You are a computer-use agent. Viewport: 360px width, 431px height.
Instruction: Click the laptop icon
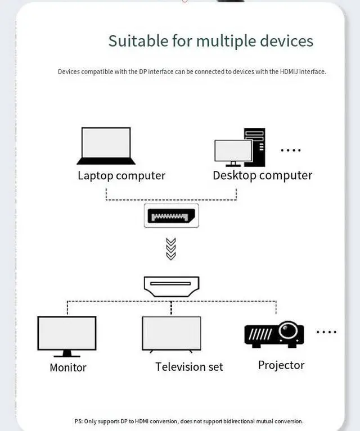(x=106, y=146)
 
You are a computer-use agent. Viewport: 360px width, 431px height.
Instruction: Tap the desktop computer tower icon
(x=254, y=147)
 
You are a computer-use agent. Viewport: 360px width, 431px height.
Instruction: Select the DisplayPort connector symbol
(x=170, y=216)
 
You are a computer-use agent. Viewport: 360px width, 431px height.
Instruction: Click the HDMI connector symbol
(x=171, y=285)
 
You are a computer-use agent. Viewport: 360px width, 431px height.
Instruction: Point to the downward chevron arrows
(x=171, y=249)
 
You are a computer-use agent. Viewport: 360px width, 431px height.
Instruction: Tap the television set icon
(x=171, y=334)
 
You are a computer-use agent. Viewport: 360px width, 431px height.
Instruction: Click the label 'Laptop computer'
(x=121, y=175)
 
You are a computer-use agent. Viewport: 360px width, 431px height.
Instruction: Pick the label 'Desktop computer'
(x=262, y=175)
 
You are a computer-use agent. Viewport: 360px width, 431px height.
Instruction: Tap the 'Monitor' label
(x=68, y=368)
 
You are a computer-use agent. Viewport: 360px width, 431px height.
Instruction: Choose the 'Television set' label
(x=189, y=367)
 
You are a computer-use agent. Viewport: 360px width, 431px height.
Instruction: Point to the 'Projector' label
(x=281, y=365)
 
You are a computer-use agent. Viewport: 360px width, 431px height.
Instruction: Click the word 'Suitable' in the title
(x=138, y=41)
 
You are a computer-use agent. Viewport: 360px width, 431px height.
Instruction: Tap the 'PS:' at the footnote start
(x=79, y=421)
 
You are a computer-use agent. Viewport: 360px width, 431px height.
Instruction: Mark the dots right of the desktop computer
(x=291, y=150)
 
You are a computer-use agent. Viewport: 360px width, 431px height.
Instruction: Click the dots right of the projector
(x=326, y=332)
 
